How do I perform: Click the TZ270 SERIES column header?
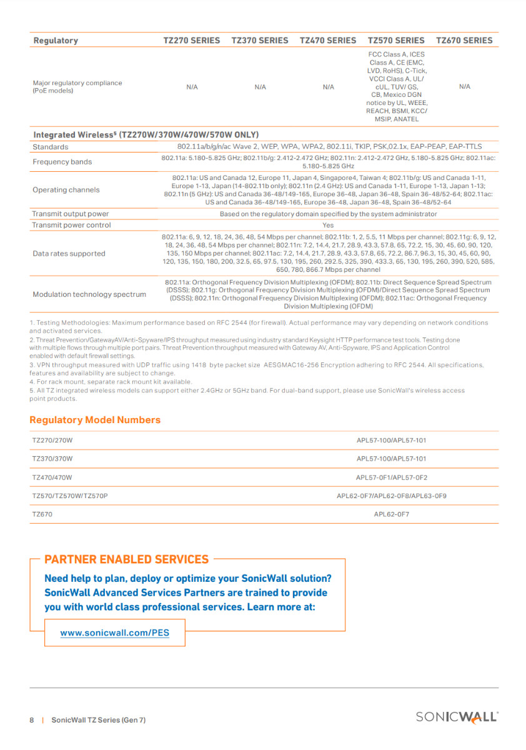tap(192, 41)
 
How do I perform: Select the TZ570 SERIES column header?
tap(396, 41)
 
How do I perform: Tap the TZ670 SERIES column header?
tap(464, 41)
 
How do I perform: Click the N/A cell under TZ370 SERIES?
tap(261, 87)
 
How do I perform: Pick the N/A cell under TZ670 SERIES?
tap(464, 87)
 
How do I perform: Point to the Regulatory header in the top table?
tap(56, 41)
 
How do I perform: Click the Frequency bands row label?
tap(62, 162)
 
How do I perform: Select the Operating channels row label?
tap(66, 190)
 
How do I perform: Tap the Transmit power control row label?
tap(71, 225)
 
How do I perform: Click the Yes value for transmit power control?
tap(328, 225)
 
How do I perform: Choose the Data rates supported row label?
tap(69, 254)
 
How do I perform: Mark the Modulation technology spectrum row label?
tap(89, 294)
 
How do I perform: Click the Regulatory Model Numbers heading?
tap(95, 420)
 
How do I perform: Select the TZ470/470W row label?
tap(52, 477)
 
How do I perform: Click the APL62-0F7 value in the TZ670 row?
tap(391, 514)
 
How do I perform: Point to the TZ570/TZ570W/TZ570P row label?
tap(74, 496)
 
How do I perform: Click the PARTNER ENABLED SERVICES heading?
tap(127, 559)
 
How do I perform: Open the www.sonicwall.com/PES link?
tap(114, 633)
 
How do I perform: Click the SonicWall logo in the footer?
tap(457, 717)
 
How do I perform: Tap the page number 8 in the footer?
tap(32, 720)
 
